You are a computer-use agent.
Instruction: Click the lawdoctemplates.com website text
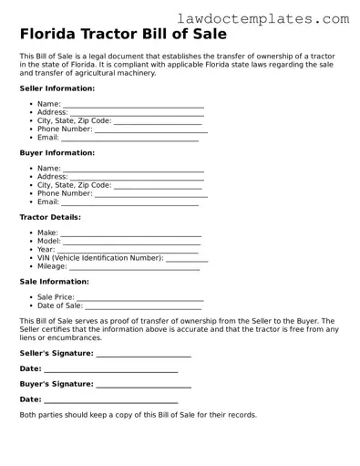tap(276, 18)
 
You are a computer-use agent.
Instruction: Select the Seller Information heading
tap(57, 88)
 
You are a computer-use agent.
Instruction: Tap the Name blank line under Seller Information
tap(133, 107)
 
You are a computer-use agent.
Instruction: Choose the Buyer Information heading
tap(57, 153)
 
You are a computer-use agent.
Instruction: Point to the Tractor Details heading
tap(50, 217)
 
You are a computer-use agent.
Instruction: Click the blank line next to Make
tap(130, 235)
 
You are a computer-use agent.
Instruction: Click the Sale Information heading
tap(54, 282)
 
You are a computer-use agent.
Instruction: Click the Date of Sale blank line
tap(144, 307)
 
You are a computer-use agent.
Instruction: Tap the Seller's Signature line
tap(143, 355)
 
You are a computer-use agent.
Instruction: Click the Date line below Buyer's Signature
tap(110, 401)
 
